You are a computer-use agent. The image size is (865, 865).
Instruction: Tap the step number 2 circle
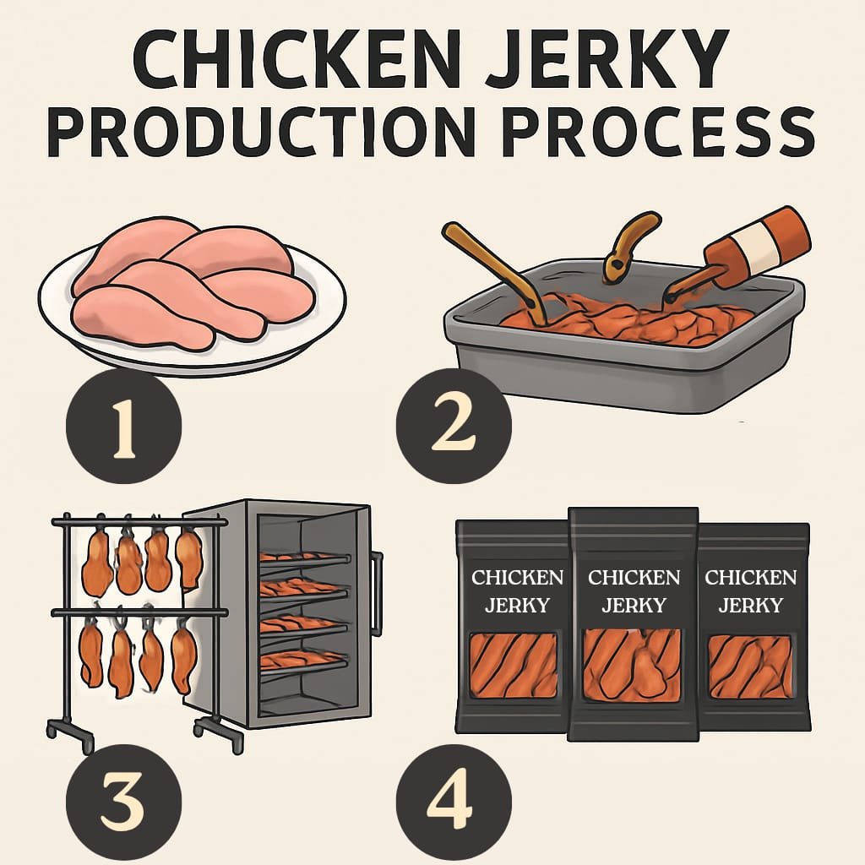click(x=454, y=426)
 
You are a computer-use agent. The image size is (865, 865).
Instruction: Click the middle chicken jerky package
click(x=634, y=625)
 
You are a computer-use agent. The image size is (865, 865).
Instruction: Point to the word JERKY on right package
click(x=750, y=605)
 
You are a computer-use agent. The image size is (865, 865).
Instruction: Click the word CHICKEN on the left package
click(x=517, y=578)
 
